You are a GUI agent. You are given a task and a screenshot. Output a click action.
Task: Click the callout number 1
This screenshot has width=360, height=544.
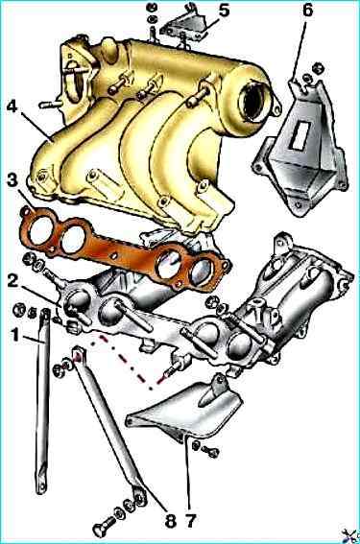tap(15, 336)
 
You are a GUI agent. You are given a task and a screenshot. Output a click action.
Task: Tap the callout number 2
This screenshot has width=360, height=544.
tap(12, 280)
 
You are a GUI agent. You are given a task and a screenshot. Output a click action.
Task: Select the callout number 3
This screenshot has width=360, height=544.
tap(12, 180)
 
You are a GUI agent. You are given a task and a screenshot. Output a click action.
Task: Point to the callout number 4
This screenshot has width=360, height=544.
tap(12, 106)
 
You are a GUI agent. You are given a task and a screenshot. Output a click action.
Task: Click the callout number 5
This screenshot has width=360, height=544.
tap(225, 11)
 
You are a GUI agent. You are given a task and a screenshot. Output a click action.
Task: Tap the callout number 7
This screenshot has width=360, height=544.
tap(191, 520)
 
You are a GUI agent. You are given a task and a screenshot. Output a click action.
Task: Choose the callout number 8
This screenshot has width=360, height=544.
tap(171, 520)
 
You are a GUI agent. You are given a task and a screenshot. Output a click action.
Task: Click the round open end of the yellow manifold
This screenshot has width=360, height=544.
tap(252, 101)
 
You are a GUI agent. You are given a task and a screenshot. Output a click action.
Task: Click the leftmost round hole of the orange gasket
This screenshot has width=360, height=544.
tap(41, 230)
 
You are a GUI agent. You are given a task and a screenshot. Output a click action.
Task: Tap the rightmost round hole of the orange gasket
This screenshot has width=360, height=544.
tap(202, 272)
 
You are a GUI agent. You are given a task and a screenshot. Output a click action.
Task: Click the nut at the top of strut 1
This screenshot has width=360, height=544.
tap(19, 309)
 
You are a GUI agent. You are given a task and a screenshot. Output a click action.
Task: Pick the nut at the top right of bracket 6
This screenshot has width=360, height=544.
tap(319, 68)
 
